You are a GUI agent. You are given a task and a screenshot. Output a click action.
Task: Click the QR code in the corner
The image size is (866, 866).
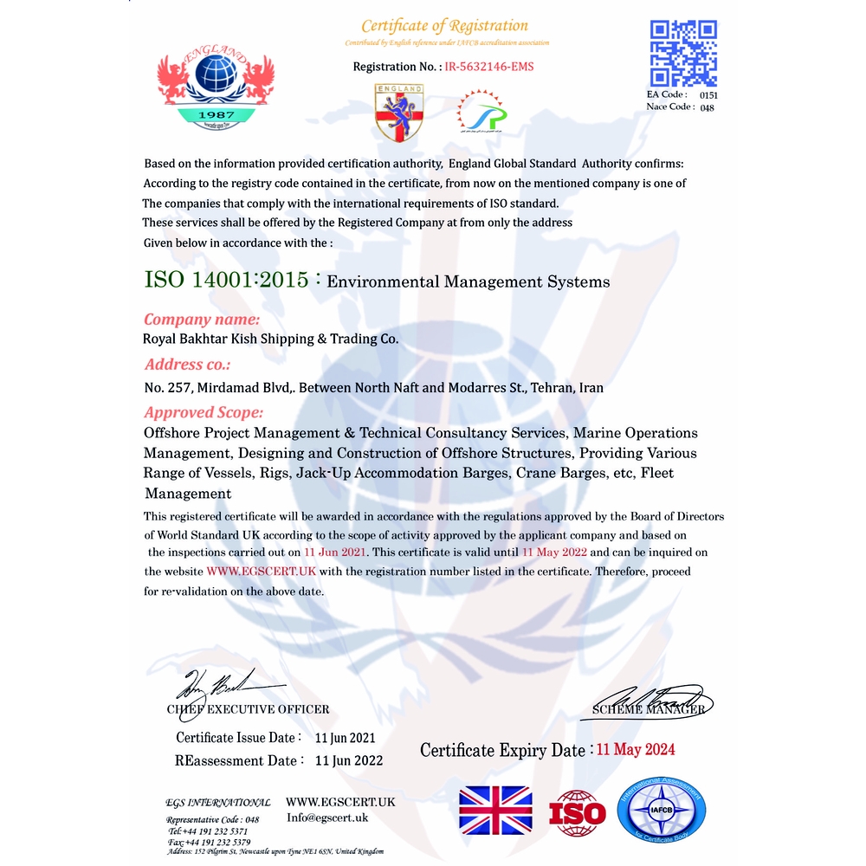pyautogui.click(x=682, y=53)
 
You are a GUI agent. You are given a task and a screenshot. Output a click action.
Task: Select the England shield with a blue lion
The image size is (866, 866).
pyautogui.click(x=399, y=113)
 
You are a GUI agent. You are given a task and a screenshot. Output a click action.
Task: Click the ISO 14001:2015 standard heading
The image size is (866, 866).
pyautogui.click(x=226, y=281)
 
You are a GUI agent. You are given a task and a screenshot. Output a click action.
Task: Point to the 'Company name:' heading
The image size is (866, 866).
pyautogui.click(x=201, y=319)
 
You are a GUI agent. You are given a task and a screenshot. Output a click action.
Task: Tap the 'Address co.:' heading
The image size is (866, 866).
pyautogui.click(x=187, y=364)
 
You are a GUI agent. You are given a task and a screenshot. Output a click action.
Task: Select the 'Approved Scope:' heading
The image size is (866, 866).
pyautogui.click(x=204, y=412)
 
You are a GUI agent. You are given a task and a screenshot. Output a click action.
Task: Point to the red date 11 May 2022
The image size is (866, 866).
pyautogui.click(x=554, y=552)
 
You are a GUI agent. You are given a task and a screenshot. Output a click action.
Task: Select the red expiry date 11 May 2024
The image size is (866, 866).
pyautogui.click(x=636, y=749)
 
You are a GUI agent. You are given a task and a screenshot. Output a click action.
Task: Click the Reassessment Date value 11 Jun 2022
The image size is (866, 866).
pyautogui.click(x=349, y=760)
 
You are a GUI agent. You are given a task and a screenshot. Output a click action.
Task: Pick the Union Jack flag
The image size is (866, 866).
pyautogui.click(x=495, y=810)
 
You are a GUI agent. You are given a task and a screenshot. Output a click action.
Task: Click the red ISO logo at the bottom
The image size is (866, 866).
pyautogui.click(x=578, y=812)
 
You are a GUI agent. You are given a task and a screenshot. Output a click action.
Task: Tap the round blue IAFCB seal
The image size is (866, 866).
pyautogui.click(x=662, y=811)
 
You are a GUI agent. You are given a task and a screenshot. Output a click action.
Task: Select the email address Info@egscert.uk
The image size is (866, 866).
pyautogui.click(x=327, y=818)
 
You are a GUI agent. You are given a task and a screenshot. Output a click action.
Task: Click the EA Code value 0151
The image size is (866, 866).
pyautogui.click(x=708, y=94)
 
